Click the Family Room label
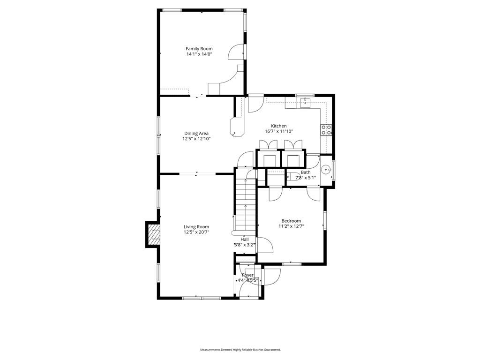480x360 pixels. (x=199, y=49)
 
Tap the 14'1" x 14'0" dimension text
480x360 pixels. (x=199, y=54)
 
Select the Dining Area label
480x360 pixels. (x=196, y=133)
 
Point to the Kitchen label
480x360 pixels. (x=279, y=126)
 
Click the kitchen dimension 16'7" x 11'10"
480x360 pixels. (x=279, y=132)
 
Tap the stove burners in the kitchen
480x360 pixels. (x=326, y=130)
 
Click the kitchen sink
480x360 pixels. (x=306, y=101)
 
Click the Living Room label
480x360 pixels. (x=196, y=227)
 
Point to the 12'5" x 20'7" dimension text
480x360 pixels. (x=196, y=232)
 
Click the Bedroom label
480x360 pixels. (x=291, y=221)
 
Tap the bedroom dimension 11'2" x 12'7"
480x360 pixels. (x=291, y=226)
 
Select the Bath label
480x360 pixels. (x=306, y=172)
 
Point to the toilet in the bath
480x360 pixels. (x=294, y=177)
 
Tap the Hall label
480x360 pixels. (x=245, y=239)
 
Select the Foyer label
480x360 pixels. (x=247, y=275)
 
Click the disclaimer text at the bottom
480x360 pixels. (x=240, y=350)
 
